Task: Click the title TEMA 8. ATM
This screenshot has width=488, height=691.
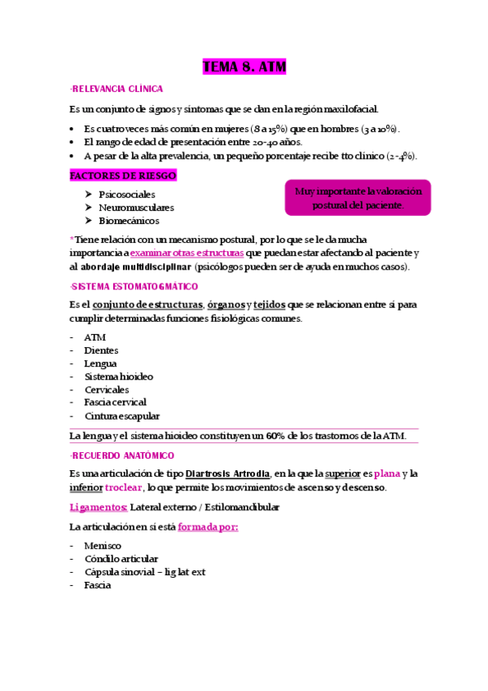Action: (x=244, y=67)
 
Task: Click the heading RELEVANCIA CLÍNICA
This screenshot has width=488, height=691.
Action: (x=117, y=89)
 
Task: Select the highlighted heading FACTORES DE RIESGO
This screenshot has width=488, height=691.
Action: (x=123, y=176)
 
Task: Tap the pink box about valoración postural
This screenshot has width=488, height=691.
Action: (x=358, y=198)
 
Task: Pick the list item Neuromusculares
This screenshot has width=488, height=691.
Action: (x=135, y=208)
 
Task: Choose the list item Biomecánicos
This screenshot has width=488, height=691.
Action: (x=129, y=221)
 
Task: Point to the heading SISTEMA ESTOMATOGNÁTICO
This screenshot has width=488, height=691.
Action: (x=134, y=287)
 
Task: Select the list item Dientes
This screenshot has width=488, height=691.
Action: (x=101, y=350)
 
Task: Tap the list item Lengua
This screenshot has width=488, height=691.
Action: (x=100, y=363)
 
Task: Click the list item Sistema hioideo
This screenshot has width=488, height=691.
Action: (x=118, y=376)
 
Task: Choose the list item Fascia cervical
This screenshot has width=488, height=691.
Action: (x=115, y=403)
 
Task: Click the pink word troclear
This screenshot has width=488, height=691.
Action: (x=124, y=487)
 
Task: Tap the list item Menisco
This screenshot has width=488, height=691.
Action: (x=103, y=545)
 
